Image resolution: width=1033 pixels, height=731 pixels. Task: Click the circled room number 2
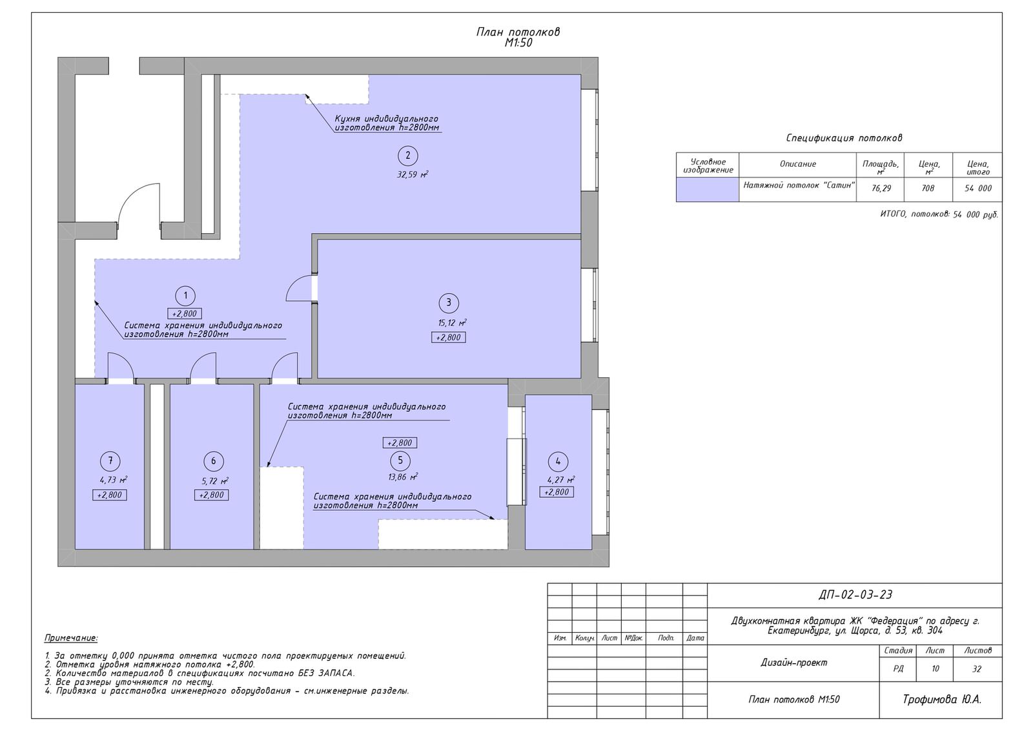pos(407,156)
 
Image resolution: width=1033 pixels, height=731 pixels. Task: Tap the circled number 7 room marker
pos(110,460)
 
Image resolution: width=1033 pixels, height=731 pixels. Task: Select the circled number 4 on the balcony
pos(558,461)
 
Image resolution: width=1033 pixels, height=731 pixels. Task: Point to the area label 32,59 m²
pos(413,174)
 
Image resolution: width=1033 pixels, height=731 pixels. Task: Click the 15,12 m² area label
pos(453,322)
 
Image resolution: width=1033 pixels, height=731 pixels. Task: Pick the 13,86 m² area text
pos(403,477)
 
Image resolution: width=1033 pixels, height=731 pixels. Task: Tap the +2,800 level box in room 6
pos(211,495)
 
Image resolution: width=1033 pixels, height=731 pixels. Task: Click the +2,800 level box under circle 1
pos(185,314)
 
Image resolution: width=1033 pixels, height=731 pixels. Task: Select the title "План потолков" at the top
pos(518,32)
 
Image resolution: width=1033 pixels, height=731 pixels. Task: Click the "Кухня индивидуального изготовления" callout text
pos(387,123)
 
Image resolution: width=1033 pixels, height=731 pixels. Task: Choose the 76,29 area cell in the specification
pos(881,188)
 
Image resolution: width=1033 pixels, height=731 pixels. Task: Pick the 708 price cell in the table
pos(928,188)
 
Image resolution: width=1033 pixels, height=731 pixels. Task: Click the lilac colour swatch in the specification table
pos(708,190)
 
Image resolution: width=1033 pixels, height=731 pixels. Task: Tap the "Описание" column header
pos(798,164)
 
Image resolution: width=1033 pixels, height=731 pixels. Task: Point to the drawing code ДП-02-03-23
pos(855,595)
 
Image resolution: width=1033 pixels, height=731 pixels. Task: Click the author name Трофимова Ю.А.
pos(942,699)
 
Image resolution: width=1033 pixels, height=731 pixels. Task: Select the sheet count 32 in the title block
pos(977,669)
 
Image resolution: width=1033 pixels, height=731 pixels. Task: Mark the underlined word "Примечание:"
pos(71,638)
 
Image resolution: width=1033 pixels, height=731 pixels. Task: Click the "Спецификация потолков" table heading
pos(844,138)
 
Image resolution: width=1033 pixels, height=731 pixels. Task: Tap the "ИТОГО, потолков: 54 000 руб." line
pos(939,214)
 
